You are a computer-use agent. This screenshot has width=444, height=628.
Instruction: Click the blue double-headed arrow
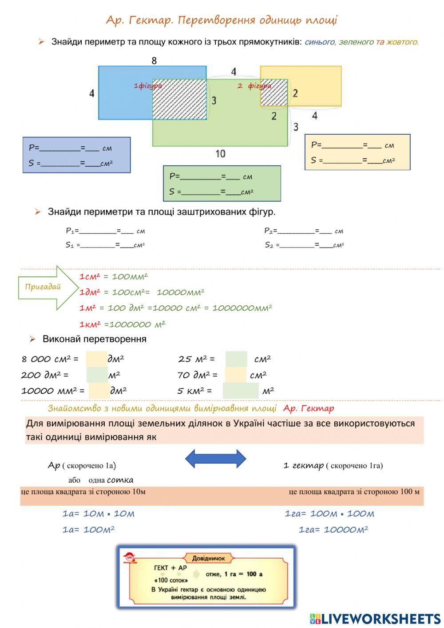[x=215, y=459]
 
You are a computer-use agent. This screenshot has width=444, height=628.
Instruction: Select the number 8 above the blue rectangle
[x=154, y=60]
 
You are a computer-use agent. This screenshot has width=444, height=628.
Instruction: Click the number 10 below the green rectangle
[x=220, y=154]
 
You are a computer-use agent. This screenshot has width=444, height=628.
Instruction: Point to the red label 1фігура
[x=148, y=86]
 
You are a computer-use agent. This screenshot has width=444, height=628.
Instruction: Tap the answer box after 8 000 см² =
[x=96, y=359]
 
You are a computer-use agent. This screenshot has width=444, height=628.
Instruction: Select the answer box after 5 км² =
[x=240, y=391]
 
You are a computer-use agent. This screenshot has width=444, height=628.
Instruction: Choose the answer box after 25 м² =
[x=236, y=359]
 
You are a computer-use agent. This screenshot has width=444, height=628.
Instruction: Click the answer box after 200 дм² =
[x=97, y=375]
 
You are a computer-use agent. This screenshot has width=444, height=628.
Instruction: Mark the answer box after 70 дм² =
[x=235, y=375]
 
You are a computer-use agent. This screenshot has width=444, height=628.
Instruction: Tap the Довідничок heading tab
[x=209, y=558]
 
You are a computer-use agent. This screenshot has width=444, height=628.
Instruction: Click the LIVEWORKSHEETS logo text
[x=381, y=619]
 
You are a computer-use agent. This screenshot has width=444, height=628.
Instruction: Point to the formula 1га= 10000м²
[x=333, y=530]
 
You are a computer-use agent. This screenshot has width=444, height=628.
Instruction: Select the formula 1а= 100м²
[x=89, y=530]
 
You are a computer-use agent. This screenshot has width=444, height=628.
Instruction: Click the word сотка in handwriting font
[x=120, y=480]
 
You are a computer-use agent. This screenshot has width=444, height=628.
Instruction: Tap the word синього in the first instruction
[x=319, y=42]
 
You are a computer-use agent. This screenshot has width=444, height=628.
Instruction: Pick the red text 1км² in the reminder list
[x=91, y=324]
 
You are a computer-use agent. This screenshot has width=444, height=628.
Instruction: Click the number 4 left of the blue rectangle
[x=91, y=93]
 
